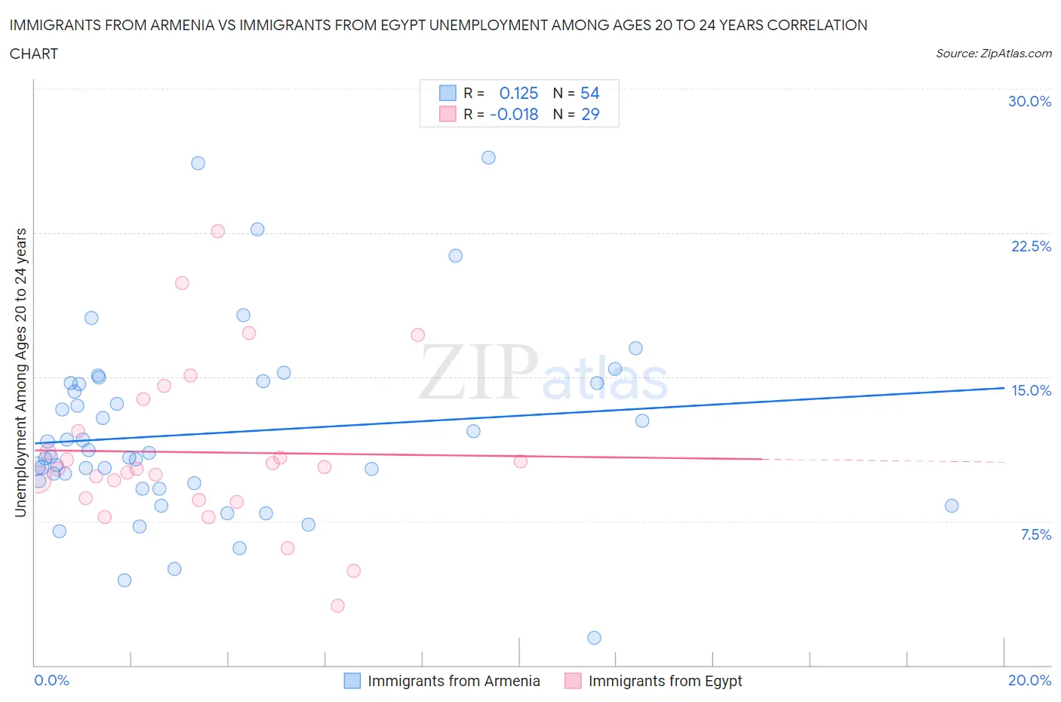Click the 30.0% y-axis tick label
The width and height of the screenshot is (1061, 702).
1029,101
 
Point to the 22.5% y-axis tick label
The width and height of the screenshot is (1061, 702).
1031,246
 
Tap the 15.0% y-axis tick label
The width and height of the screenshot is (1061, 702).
1031,390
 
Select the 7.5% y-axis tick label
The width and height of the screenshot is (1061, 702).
1035,534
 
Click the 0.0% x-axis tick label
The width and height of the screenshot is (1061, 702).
51,680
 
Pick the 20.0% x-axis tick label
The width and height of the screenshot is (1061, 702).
1029,680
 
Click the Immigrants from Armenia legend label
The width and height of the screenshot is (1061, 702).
454,681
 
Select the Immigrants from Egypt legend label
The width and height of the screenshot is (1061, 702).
665,681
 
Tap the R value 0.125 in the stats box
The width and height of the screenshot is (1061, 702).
518,93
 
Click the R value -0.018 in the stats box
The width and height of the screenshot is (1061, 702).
514,114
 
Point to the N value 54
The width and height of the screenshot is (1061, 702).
589,93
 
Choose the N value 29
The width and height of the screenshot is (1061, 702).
589,114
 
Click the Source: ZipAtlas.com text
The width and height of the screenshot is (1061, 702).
993,53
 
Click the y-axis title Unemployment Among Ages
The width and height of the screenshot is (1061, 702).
20,372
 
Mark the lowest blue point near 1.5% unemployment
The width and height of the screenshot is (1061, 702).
594,638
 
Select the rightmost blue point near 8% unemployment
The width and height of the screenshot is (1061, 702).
952,506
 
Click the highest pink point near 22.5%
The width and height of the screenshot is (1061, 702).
218,231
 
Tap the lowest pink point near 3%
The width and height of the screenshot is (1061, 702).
337,605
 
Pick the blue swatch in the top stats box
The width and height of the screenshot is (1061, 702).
447,93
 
